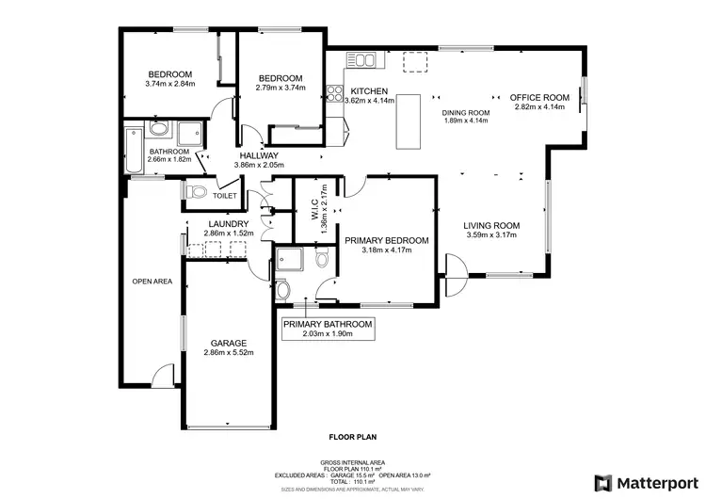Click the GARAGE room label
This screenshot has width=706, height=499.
(229, 343)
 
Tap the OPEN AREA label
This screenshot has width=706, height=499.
(152, 281)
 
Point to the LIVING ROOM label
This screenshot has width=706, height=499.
(491, 225)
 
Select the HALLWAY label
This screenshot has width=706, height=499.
(258, 155)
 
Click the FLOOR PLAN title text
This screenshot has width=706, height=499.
(353, 437)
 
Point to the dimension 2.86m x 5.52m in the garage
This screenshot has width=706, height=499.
(229, 353)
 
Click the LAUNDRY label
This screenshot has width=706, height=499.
(228, 223)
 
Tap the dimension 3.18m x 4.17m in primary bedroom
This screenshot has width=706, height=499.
(386, 250)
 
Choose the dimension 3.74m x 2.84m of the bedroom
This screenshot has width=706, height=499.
(170, 84)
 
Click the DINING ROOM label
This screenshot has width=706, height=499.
(468, 112)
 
